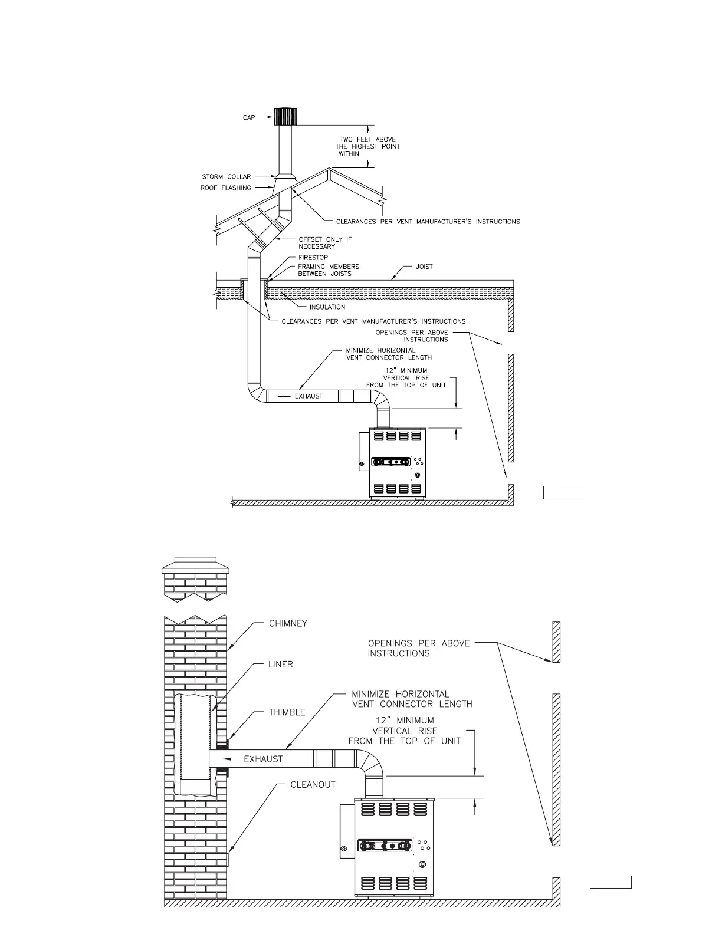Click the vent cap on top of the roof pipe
(285, 117)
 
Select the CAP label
(249, 118)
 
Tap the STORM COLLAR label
(227, 177)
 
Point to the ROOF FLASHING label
(227, 188)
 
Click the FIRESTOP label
(313, 258)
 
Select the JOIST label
(424, 267)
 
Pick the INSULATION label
(327, 307)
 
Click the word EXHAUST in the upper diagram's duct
(309, 396)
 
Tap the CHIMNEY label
(288, 624)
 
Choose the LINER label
(281, 665)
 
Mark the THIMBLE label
(287, 712)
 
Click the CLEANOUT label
(313, 785)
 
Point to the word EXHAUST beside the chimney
(263, 759)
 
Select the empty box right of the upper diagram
(563, 492)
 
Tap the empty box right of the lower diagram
(611, 882)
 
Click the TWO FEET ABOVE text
(367, 140)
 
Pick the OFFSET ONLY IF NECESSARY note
(325, 243)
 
